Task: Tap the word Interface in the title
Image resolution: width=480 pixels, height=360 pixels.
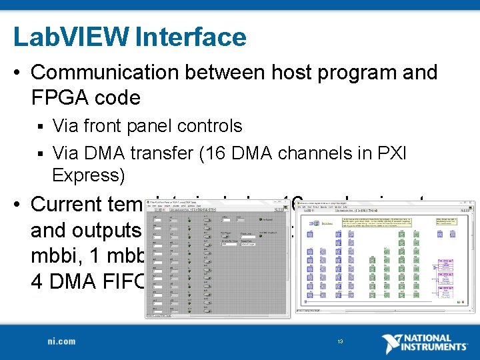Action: click(191, 37)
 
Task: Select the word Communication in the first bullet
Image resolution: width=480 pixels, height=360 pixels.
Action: click(100, 72)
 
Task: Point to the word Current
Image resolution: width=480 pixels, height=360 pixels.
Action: click(69, 204)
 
